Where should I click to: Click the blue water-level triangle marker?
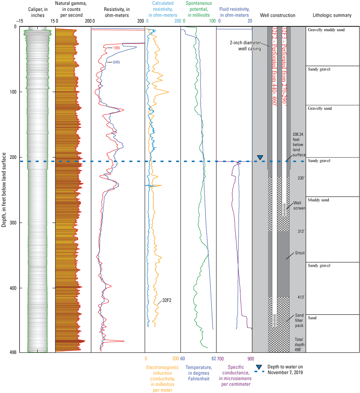[260, 157]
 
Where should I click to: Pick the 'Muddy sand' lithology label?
[319, 200]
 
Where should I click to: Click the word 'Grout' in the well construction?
[300, 253]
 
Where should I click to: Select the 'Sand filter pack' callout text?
[299, 320]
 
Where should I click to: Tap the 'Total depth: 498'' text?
[299, 344]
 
